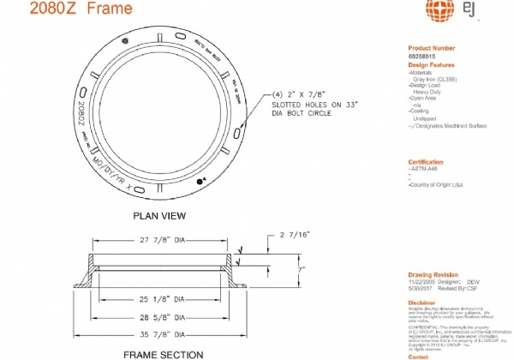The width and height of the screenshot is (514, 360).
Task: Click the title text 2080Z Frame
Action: [70, 10]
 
